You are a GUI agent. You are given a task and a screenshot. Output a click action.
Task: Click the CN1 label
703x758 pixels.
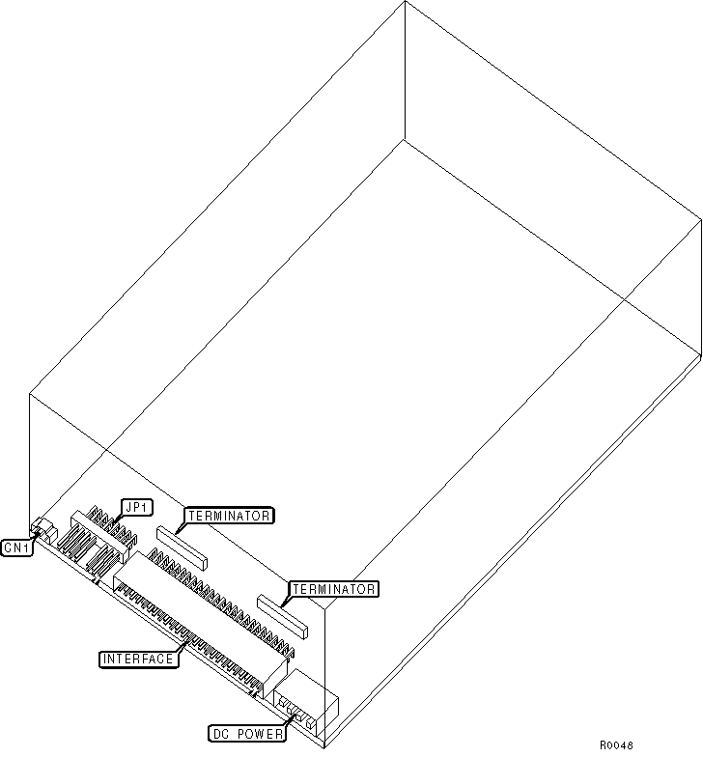tap(17, 547)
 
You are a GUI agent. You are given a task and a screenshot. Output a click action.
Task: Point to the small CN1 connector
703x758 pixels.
tap(42, 528)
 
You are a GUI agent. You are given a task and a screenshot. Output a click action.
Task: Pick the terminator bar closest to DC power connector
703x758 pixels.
tap(280, 615)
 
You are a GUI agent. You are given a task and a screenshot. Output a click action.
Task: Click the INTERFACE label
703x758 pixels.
tap(138, 659)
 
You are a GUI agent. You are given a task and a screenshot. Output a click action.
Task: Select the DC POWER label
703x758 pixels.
tap(248, 734)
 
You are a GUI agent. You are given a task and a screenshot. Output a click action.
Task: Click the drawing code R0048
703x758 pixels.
tap(616, 744)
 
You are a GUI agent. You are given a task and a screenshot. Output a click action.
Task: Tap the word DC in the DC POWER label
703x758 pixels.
tap(221, 734)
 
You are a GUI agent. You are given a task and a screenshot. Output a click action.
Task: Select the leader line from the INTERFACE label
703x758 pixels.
tap(181, 650)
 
